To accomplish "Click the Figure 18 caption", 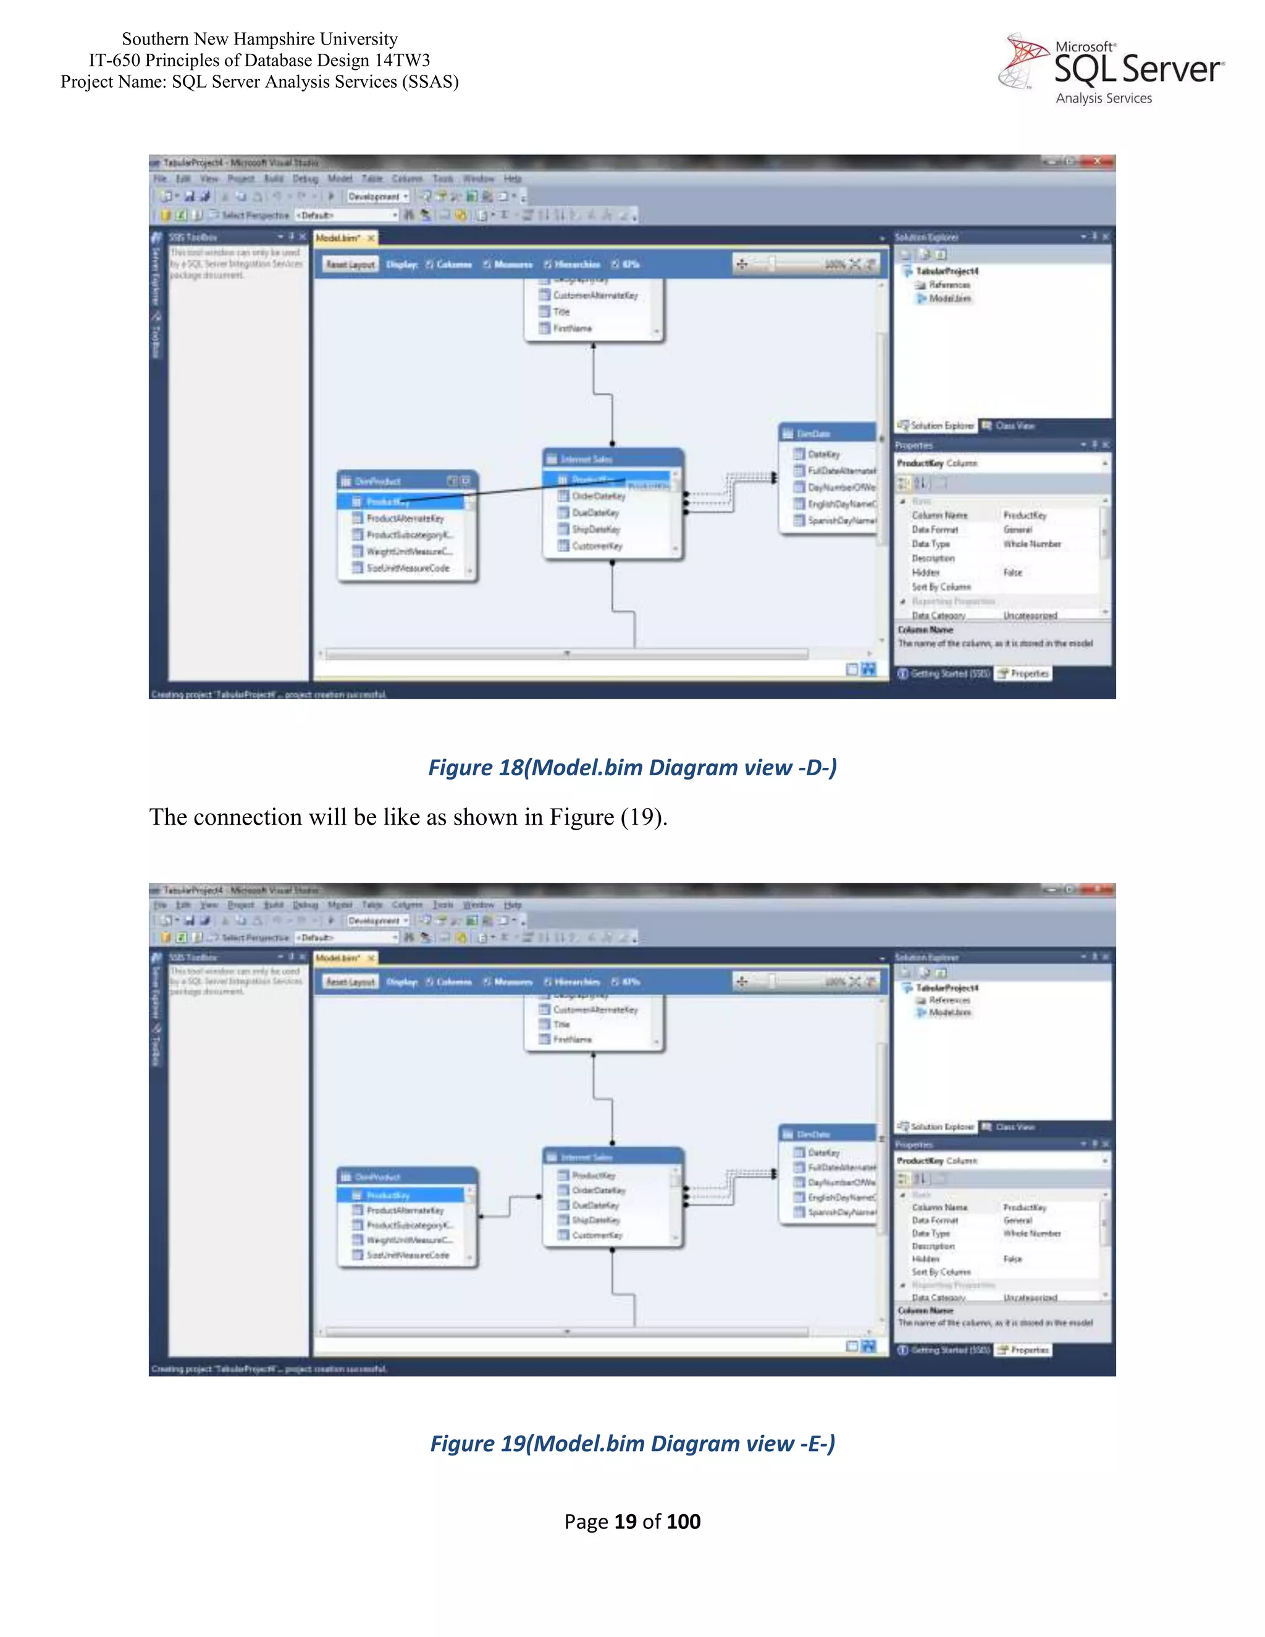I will coord(632,767).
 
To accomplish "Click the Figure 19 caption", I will coord(632,1444).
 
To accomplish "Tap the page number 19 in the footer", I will coord(625,1521).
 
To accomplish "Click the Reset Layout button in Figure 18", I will coord(350,264).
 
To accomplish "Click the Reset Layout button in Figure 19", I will coord(350,982).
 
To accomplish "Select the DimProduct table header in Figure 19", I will coord(405,1177).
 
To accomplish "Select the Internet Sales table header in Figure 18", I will coord(611,459).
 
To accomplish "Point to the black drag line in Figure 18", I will coord(510,489).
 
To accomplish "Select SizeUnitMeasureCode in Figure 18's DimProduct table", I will coord(408,568).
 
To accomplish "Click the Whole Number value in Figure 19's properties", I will coord(1032,1233).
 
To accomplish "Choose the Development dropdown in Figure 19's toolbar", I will coord(377,920).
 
